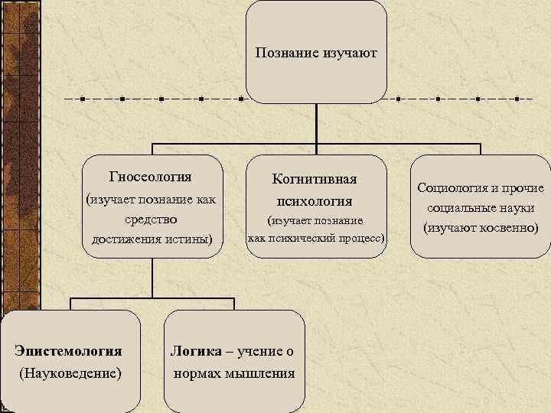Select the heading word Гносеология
click(151, 177)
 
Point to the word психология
click(315, 201)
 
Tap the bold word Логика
click(195, 351)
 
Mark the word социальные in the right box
click(460, 207)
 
